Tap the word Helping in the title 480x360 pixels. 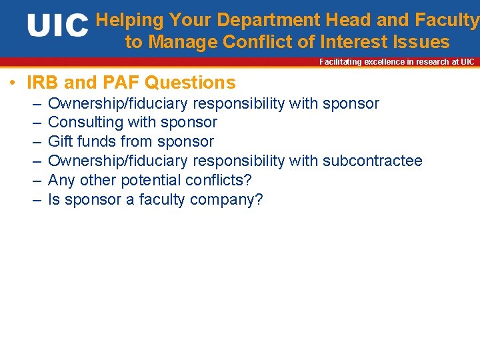(129, 20)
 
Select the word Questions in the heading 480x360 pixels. (190, 83)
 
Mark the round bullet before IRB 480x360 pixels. (12, 83)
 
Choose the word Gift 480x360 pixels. (61, 141)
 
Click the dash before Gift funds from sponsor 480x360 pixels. (35, 141)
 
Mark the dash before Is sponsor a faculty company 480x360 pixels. (35, 199)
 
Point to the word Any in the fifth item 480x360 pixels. (62, 180)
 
